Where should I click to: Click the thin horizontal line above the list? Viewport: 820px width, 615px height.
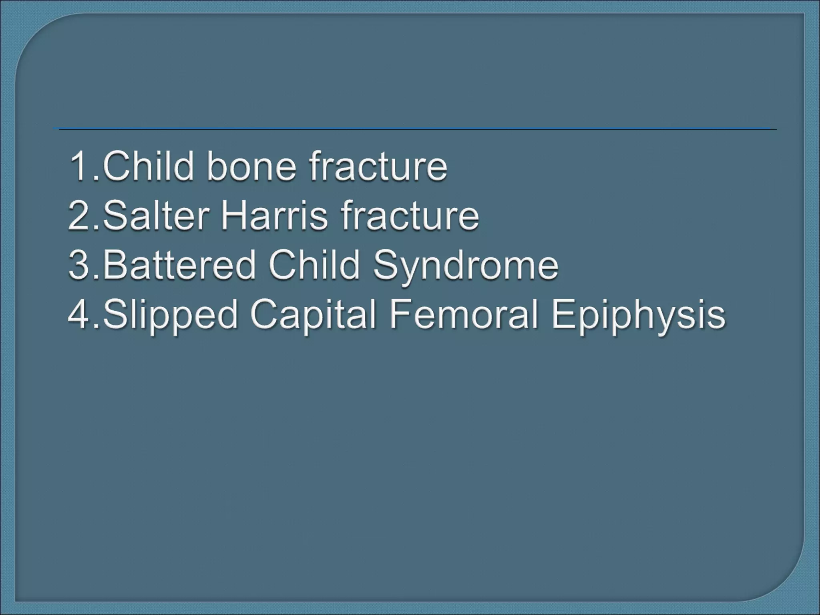tap(416, 129)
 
